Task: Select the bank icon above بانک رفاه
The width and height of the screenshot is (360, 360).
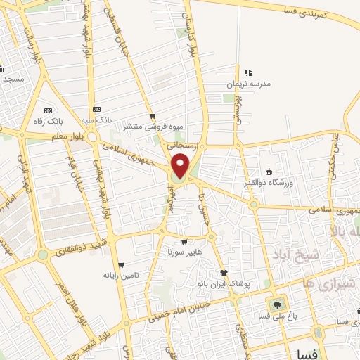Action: click(x=48, y=110)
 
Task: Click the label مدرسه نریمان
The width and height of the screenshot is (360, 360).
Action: click(x=247, y=84)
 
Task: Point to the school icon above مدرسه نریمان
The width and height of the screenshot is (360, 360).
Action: click(x=247, y=72)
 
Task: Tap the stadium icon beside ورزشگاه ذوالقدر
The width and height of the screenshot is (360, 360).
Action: click(x=269, y=172)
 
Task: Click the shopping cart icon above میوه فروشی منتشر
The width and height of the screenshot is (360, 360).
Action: click(x=153, y=117)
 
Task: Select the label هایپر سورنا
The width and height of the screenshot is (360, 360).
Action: click(x=184, y=251)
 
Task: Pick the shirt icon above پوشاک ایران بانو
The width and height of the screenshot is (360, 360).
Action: click(x=224, y=273)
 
